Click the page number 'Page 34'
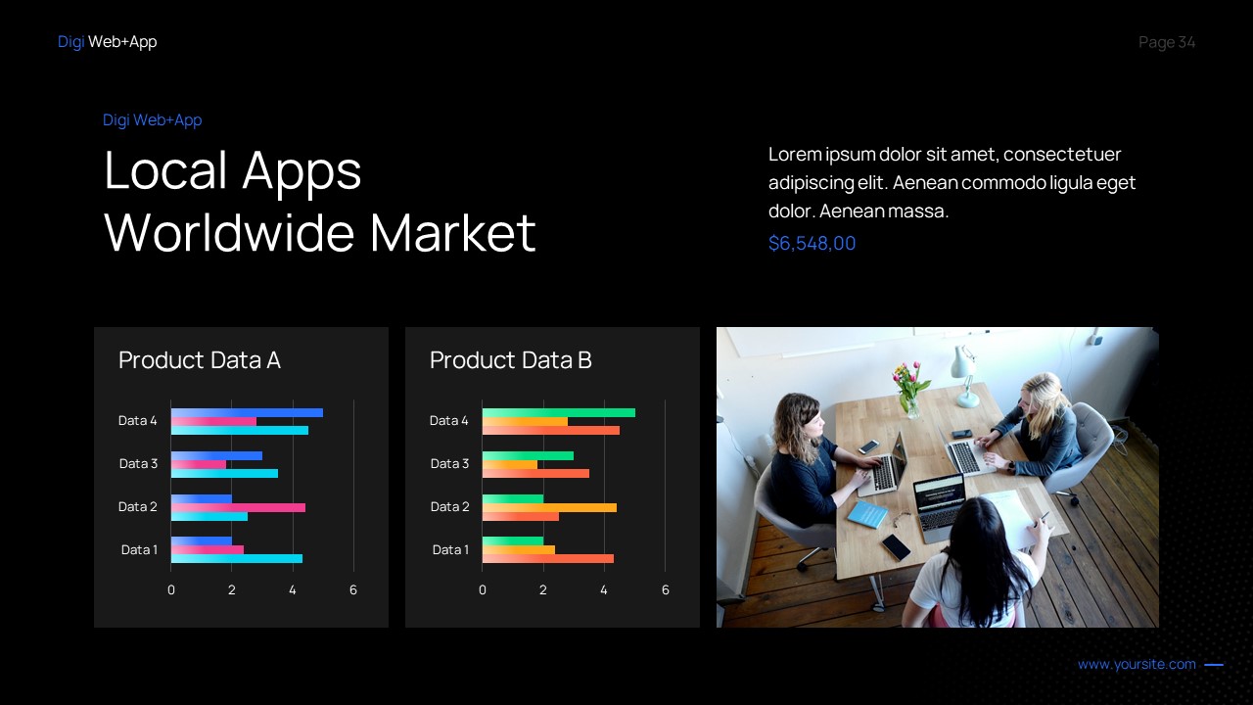(x=1167, y=42)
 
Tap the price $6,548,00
(x=812, y=243)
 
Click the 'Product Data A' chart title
(x=200, y=360)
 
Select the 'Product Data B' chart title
(x=511, y=360)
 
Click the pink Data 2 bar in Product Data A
(x=238, y=507)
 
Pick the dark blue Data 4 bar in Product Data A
(x=247, y=412)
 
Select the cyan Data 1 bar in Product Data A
(x=237, y=559)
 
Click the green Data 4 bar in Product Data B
(x=558, y=412)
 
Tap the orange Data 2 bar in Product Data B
(x=549, y=507)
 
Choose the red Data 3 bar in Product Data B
(x=535, y=473)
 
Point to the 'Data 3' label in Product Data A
(x=138, y=463)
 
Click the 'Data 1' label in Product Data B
(x=450, y=549)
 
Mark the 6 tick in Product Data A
(x=353, y=589)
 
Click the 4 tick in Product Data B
(x=604, y=589)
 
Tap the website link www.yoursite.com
(x=1137, y=664)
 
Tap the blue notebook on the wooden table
(x=866, y=514)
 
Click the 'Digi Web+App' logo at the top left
(x=107, y=41)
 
